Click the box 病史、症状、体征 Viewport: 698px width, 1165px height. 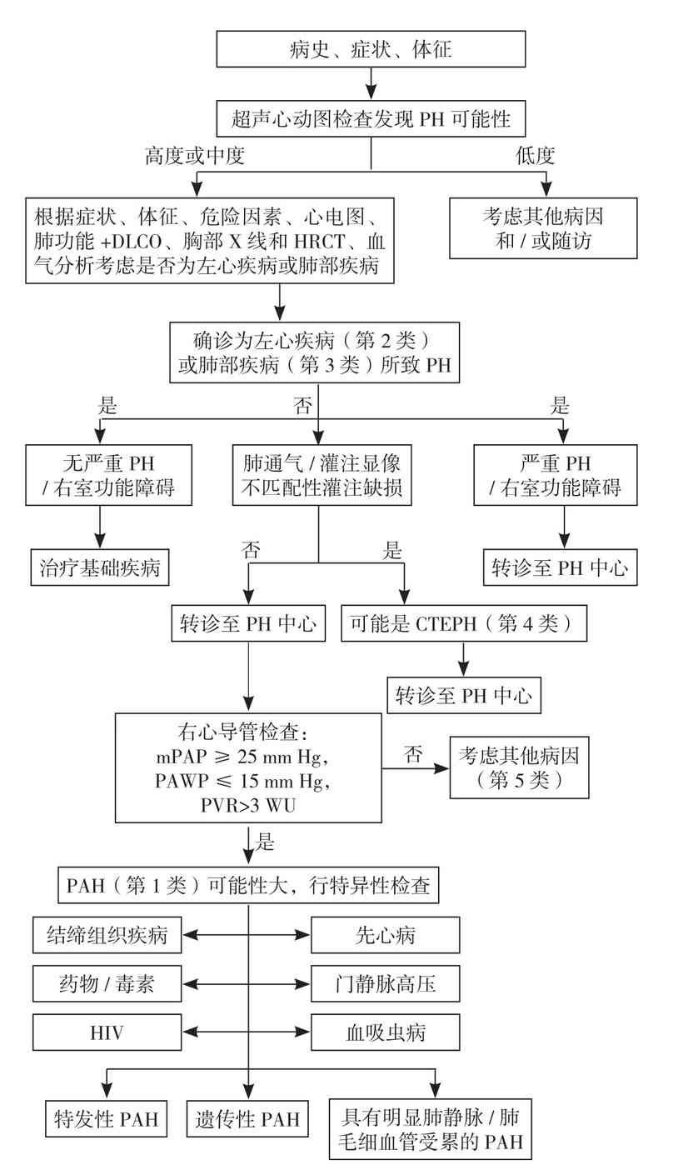pos(371,49)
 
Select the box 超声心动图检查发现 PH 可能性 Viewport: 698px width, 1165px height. pos(371,120)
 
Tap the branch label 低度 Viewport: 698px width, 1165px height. pos(535,156)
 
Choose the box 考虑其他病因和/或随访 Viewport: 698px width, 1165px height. pos(543,229)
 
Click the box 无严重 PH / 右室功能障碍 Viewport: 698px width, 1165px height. pos(108,475)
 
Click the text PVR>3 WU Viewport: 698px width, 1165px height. pos(248,805)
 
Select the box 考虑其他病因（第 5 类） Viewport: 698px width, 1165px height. pos(520,767)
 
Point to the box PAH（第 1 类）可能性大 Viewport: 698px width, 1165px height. pos(248,885)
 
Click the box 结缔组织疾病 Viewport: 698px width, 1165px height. pos(107,935)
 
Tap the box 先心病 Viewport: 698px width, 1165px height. pos(385,935)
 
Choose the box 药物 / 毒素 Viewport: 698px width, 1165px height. pos(107,984)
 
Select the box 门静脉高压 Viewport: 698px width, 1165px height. pos(385,984)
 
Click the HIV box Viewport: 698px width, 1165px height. pos(107,1033)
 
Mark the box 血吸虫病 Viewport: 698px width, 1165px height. pos(385,1033)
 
